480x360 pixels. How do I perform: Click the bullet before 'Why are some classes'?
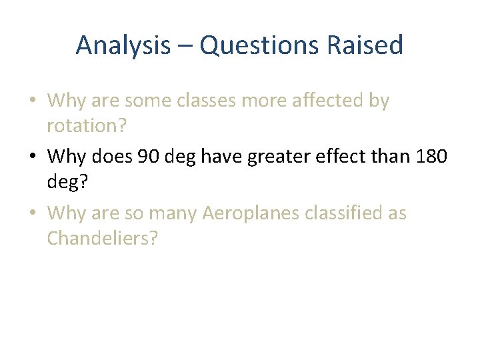[33, 101]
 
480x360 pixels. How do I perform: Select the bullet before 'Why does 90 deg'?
[33, 157]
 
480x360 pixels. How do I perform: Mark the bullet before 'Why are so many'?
[33, 213]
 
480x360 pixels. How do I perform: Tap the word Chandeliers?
[102, 237]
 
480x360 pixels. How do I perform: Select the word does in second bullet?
[109, 157]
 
